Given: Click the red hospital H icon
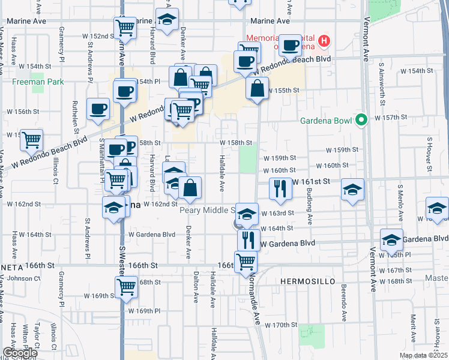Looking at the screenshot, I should [x=324, y=41].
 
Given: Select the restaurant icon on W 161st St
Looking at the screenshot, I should [x=280, y=190].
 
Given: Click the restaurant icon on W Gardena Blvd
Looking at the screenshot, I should [x=248, y=239].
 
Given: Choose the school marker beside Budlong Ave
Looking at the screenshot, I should [x=352, y=190].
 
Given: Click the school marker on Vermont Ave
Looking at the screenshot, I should [x=391, y=240].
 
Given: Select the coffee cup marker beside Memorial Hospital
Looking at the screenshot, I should [x=290, y=44].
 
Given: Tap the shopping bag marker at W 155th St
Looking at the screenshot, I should [x=257, y=88].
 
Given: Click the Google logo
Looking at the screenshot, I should [x=20, y=352].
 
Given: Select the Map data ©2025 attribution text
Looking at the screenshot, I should [x=423, y=355].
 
